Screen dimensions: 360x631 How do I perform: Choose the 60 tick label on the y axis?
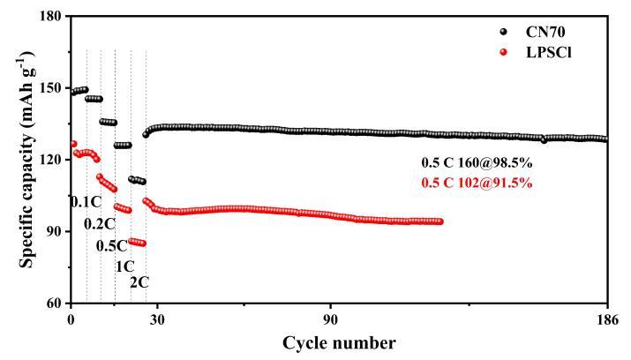(54, 304)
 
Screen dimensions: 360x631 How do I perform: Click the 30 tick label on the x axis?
(157, 319)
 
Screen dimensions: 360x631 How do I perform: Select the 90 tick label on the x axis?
(330, 319)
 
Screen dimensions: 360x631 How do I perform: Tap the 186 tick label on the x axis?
(606, 319)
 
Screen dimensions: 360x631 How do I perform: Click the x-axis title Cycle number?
(339, 341)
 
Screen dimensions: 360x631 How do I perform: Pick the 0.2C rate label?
(100, 224)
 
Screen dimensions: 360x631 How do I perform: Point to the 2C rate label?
(139, 282)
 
